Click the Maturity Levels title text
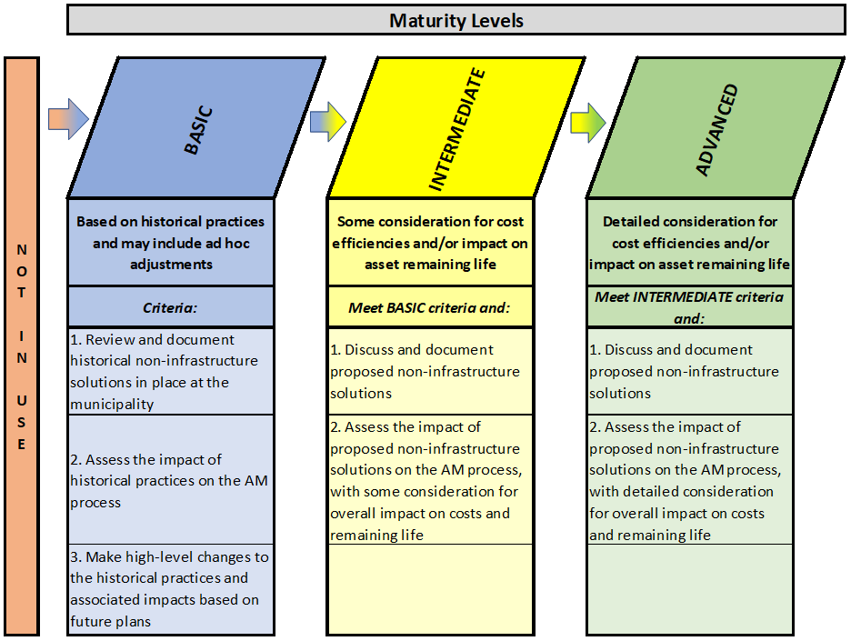(x=456, y=21)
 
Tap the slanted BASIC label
(x=198, y=130)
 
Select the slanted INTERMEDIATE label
(x=457, y=129)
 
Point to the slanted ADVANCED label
(x=717, y=130)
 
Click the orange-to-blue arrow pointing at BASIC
(x=68, y=119)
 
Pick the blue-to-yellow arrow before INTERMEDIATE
(x=328, y=122)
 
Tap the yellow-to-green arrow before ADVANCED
(x=587, y=124)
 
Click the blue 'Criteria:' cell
(x=170, y=307)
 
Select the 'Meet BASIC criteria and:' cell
(x=430, y=307)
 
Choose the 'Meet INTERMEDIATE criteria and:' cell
(x=690, y=307)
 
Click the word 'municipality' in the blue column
(x=112, y=405)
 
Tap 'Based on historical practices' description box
(x=170, y=243)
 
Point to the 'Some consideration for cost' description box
(x=430, y=243)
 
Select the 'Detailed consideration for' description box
(x=690, y=243)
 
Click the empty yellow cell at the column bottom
(x=430, y=589)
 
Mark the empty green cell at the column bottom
(x=690, y=589)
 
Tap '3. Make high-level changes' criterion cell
(x=170, y=589)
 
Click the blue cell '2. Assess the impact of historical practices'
(x=170, y=480)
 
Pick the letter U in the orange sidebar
(x=22, y=401)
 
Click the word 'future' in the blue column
(x=89, y=622)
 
